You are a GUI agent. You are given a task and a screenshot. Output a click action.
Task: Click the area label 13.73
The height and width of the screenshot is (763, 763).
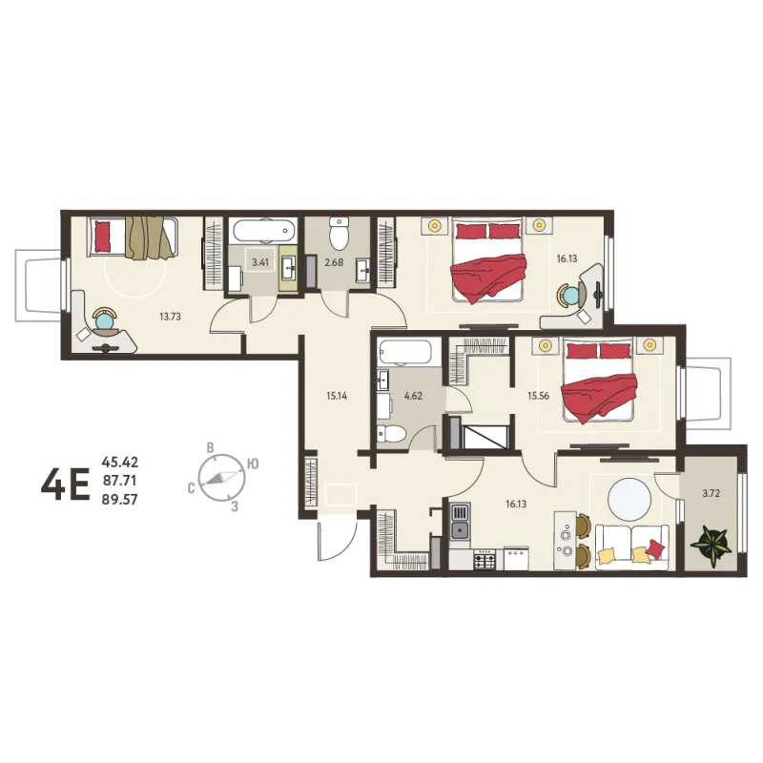(171, 317)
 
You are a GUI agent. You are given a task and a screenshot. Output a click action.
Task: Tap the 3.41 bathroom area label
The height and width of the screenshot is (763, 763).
(260, 263)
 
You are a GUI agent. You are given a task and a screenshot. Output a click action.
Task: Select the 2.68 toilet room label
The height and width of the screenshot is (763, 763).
(335, 263)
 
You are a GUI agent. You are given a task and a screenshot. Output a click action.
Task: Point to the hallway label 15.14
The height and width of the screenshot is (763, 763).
(337, 396)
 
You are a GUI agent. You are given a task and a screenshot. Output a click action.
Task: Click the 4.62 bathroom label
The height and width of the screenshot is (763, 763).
(413, 396)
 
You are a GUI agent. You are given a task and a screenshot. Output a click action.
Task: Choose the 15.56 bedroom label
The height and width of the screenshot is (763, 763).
(539, 396)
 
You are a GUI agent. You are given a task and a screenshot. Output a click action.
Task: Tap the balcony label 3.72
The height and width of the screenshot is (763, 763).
(711, 493)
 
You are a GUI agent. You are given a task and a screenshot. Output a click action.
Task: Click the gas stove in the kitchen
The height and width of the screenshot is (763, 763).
(485, 560)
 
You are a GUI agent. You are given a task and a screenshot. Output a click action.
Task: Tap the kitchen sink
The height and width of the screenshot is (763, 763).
(460, 522)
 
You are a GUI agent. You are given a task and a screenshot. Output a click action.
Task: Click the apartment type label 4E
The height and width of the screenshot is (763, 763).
(66, 485)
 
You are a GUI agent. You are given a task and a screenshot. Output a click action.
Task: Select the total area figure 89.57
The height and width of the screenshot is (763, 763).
(120, 500)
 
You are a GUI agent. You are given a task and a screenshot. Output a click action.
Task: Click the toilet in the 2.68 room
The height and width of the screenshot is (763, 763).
(339, 234)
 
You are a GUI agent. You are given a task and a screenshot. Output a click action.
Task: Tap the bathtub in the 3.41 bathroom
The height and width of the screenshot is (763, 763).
(264, 231)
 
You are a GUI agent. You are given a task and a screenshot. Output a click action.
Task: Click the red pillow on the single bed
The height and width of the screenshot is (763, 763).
(103, 237)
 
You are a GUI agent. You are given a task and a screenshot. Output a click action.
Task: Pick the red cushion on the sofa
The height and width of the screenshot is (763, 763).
(656, 549)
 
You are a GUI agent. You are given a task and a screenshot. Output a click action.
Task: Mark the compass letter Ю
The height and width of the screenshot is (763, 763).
(253, 464)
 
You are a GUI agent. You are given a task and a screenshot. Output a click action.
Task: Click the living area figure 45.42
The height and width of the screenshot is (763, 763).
(120, 462)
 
